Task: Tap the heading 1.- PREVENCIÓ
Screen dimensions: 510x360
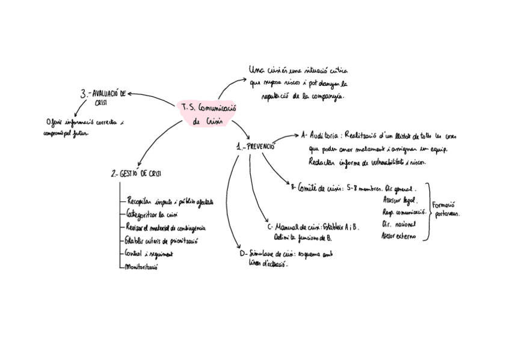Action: tap(256, 146)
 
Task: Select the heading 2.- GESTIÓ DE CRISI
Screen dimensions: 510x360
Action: tap(136, 173)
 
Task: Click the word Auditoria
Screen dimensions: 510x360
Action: tap(325, 136)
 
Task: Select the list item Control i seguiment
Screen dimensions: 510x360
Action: tap(150, 253)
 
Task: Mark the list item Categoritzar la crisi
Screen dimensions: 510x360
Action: tap(152, 214)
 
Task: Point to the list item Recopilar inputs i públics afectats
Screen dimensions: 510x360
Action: tap(169, 201)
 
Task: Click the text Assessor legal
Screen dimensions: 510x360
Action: tap(399, 201)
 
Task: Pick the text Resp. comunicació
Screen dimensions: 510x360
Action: tap(404, 212)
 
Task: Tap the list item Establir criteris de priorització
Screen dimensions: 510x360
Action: tap(162, 240)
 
